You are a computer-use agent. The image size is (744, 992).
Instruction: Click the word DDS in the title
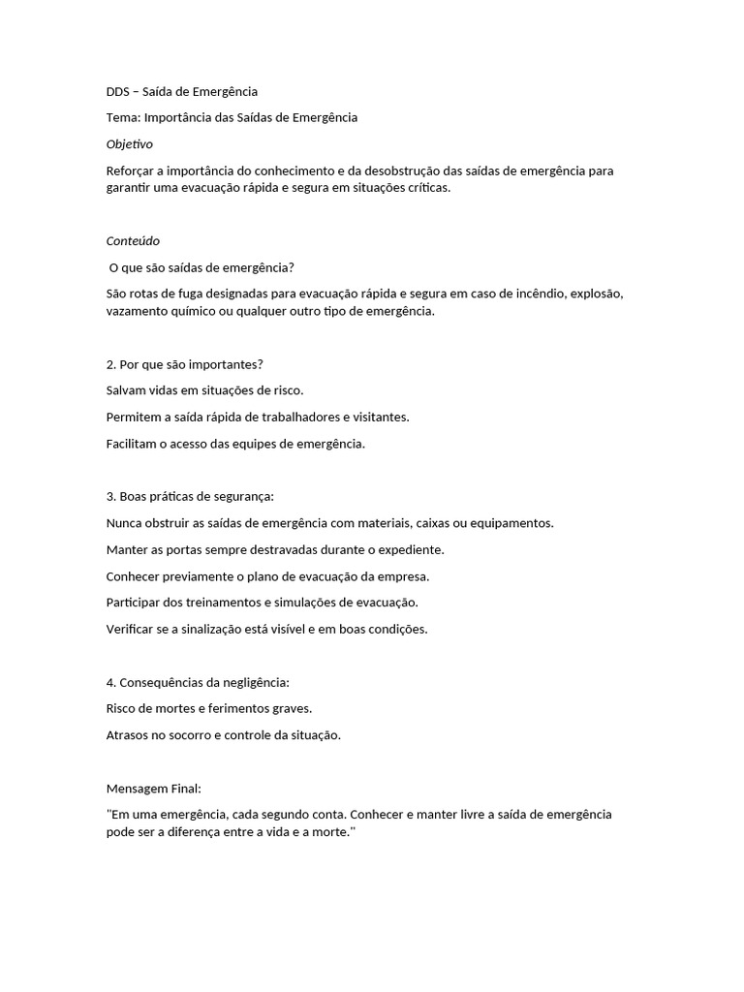(x=118, y=92)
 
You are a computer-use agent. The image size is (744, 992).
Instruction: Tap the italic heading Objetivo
(x=129, y=144)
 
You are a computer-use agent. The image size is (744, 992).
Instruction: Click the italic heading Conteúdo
(x=133, y=241)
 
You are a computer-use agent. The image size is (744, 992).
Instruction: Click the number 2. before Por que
(x=110, y=364)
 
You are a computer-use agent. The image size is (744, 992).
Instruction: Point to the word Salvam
(x=126, y=390)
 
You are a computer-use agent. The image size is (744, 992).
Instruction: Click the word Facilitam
(x=131, y=444)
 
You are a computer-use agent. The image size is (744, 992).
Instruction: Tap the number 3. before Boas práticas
(x=110, y=497)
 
